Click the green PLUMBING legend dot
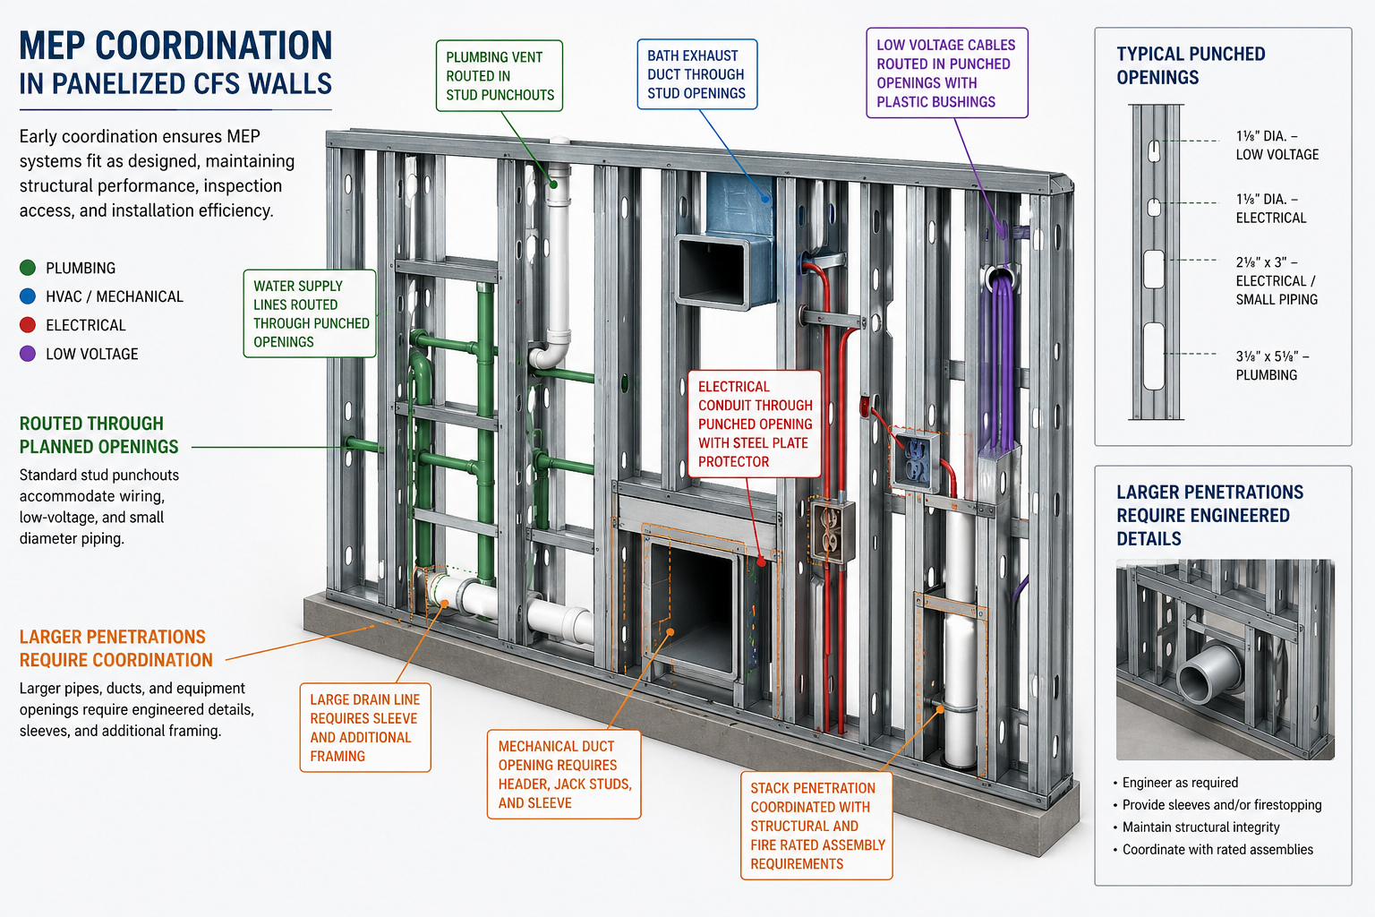click(x=28, y=268)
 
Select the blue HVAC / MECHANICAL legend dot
click(x=28, y=296)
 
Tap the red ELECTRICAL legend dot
click(x=28, y=325)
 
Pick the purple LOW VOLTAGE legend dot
click(x=28, y=354)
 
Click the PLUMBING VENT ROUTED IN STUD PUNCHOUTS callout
click(x=500, y=76)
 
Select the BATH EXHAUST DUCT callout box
click(x=696, y=74)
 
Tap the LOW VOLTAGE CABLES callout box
click(x=946, y=73)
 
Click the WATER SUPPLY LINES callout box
click(x=310, y=313)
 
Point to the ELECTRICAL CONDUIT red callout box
click(x=754, y=424)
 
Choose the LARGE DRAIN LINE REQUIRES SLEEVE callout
click(x=364, y=727)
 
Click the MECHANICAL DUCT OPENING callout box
click(x=563, y=775)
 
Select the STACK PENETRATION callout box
click(x=816, y=826)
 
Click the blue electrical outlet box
click(x=915, y=459)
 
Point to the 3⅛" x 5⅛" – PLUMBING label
click(x=1271, y=365)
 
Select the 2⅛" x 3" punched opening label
click(x=1276, y=280)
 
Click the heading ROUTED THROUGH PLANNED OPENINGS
click(x=98, y=435)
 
